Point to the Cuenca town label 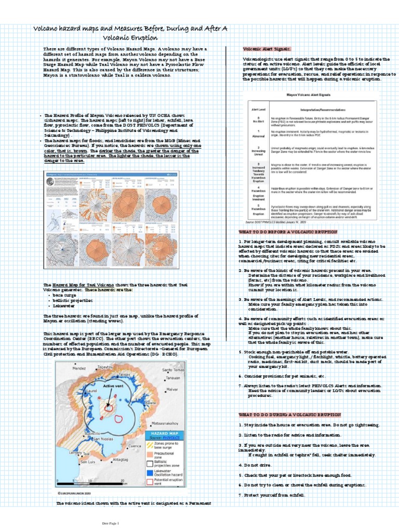pos(135,446)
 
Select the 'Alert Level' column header pos(256,111)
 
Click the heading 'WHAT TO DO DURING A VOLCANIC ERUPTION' pos(290,415)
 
